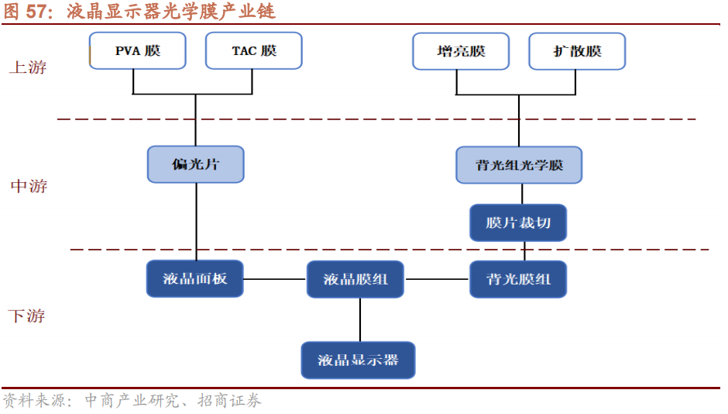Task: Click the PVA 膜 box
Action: point(137,51)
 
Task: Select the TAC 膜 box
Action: point(253,51)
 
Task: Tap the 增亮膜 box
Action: point(460,51)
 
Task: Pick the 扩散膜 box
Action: point(577,51)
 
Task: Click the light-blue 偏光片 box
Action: point(195,164)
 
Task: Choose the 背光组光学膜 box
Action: point(518,165)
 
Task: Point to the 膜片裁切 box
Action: point(518,223)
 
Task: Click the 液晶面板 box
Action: point(195,278)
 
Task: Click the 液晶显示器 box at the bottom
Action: point(358,360)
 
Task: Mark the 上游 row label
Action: point(28,67)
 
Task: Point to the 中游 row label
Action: point(29,186)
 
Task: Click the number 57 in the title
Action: point(40,12)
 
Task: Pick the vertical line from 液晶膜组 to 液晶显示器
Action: point(359,319)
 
